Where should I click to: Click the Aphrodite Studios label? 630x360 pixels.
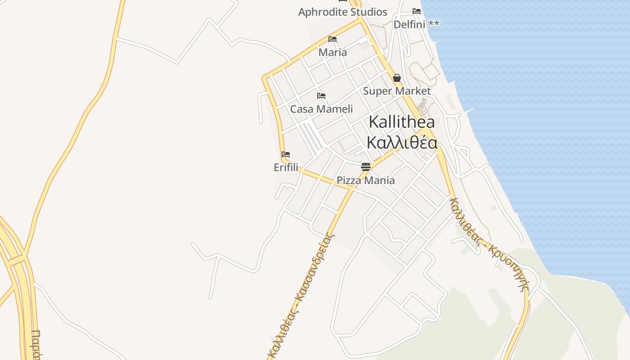coord(342,12)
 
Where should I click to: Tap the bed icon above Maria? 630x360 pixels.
coord(333,39)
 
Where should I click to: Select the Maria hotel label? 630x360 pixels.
coord(333,52)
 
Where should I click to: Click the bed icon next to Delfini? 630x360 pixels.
coord(417,11)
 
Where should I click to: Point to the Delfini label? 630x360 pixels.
coord(409,24)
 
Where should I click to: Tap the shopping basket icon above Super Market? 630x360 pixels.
coord(397,78)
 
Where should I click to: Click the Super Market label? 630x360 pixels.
coord(397,91)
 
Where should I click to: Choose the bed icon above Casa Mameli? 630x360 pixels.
coord(321,96)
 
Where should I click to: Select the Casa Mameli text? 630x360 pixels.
coord(321,109)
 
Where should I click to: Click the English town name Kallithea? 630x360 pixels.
coord(402,122)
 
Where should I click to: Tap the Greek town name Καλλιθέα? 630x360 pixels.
coord(402,142)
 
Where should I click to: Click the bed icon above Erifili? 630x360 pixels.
coord(286,154)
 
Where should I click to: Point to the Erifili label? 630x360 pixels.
coord(286,167)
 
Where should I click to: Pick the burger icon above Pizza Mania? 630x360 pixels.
coord(366,167)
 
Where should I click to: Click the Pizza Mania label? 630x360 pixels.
coord(366,180)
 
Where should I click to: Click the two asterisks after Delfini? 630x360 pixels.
coord(434,23)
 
